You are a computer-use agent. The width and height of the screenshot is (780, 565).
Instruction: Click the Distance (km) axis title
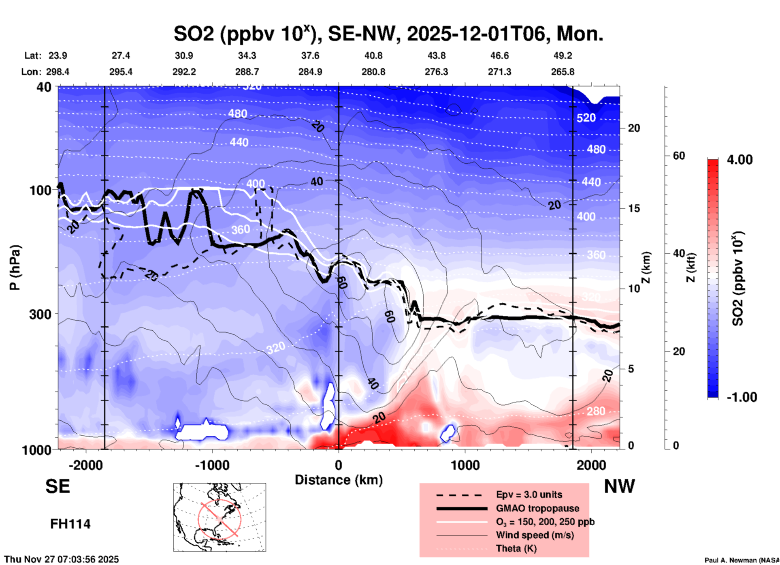coord(339,480)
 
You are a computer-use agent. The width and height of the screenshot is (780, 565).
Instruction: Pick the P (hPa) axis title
coord(15,268)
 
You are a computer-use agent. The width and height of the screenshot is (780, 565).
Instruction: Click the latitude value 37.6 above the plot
coord(310,56)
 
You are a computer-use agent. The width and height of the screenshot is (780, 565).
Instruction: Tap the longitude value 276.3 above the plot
coord(436,72)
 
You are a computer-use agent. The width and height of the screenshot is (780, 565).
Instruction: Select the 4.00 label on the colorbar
coord(740,160)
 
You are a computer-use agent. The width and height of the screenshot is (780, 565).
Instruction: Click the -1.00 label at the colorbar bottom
coord(742,397)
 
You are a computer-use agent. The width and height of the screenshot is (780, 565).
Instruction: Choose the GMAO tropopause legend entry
coord(537,508)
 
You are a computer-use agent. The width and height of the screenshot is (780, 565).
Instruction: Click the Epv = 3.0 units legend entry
coord(529,494)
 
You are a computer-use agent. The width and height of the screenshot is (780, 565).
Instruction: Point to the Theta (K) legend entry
coord(516,548)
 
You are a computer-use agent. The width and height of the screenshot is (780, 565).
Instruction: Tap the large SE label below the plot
coord(58,486)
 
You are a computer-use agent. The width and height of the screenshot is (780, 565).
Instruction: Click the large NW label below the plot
coord(619,486)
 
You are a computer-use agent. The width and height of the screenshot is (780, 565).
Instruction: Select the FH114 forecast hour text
coord(70,524)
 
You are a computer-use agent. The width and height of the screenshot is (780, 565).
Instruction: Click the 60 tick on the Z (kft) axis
coord(679,156)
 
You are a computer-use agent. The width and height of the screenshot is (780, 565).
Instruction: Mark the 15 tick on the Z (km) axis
coord(634,208)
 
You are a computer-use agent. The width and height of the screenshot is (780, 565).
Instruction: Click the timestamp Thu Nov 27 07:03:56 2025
coord(62,559)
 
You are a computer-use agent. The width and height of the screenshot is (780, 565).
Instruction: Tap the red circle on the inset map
coord(220,519)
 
